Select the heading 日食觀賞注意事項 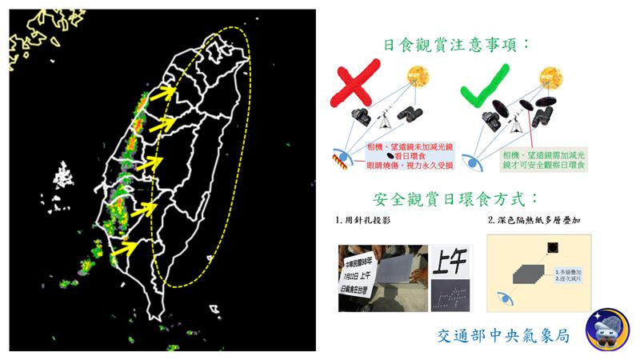457,45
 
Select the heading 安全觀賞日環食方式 457,198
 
